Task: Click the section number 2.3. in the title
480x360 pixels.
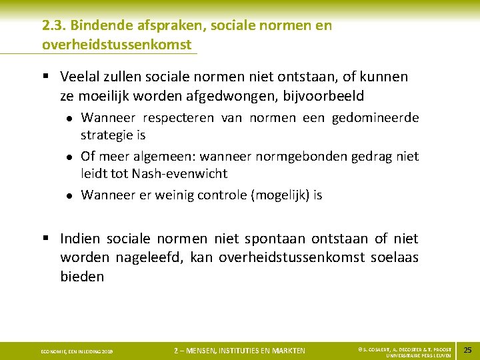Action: [53, 26]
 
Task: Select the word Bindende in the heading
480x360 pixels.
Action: [97, 26]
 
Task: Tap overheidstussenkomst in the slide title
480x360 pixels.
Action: [117, 45]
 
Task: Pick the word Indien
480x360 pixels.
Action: [80, 239]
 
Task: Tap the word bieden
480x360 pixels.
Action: [82, 276]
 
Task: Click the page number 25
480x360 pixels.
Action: [467, 350]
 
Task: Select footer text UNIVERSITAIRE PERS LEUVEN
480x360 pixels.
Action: [413, 355]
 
